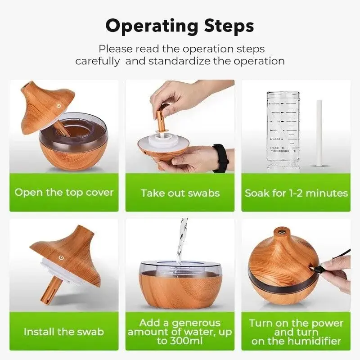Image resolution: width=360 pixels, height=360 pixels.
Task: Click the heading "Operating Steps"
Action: [x=180, y=26]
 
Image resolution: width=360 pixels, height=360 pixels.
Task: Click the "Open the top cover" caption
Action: [x=64, y=193]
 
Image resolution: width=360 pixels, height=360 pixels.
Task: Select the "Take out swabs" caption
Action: [x=180, y=193]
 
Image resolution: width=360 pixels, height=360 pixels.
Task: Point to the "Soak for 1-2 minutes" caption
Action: [x=296, y=193]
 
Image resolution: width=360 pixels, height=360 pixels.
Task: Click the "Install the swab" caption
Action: [x=64, y=332]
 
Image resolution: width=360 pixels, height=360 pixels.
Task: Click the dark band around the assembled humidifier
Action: [x=270, y=279]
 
